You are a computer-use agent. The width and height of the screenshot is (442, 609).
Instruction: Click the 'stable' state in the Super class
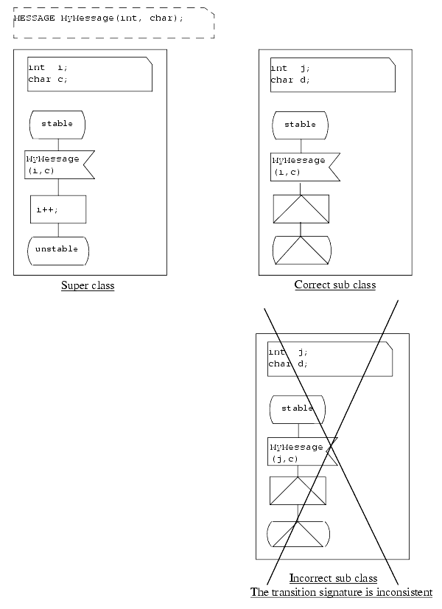(x=57, y=124)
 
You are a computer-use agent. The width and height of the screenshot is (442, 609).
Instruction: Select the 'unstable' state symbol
(x=57, y=250)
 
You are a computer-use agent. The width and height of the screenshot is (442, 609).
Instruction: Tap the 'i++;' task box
(x=58, y=209)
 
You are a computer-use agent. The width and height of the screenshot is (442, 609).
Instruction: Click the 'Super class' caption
(x=88, y=285)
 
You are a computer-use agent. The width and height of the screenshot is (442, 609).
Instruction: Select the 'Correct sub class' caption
(x=334, y=285)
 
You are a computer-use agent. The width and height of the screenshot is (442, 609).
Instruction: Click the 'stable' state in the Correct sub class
(x=300, y=125)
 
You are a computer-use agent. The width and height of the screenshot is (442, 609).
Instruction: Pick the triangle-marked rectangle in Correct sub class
(x=301, y=209)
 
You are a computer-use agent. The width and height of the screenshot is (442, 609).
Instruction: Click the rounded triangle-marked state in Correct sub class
(x=301, y=250)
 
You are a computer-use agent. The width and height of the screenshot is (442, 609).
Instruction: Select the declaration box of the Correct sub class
(x=332, y=74)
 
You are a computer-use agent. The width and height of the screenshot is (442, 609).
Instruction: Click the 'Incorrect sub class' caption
(x=333, y=578)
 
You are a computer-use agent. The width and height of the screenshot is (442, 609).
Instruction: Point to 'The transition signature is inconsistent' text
(x=341, y=592)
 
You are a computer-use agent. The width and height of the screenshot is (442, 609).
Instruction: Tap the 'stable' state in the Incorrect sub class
(x=298, y=408)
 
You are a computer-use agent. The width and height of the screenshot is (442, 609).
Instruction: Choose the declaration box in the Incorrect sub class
(x=329, y=358)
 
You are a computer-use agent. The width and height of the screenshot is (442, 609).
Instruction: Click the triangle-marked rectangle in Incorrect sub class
(x=298, y=490)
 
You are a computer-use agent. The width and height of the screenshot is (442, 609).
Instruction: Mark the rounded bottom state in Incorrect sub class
(x=298, y=533)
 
